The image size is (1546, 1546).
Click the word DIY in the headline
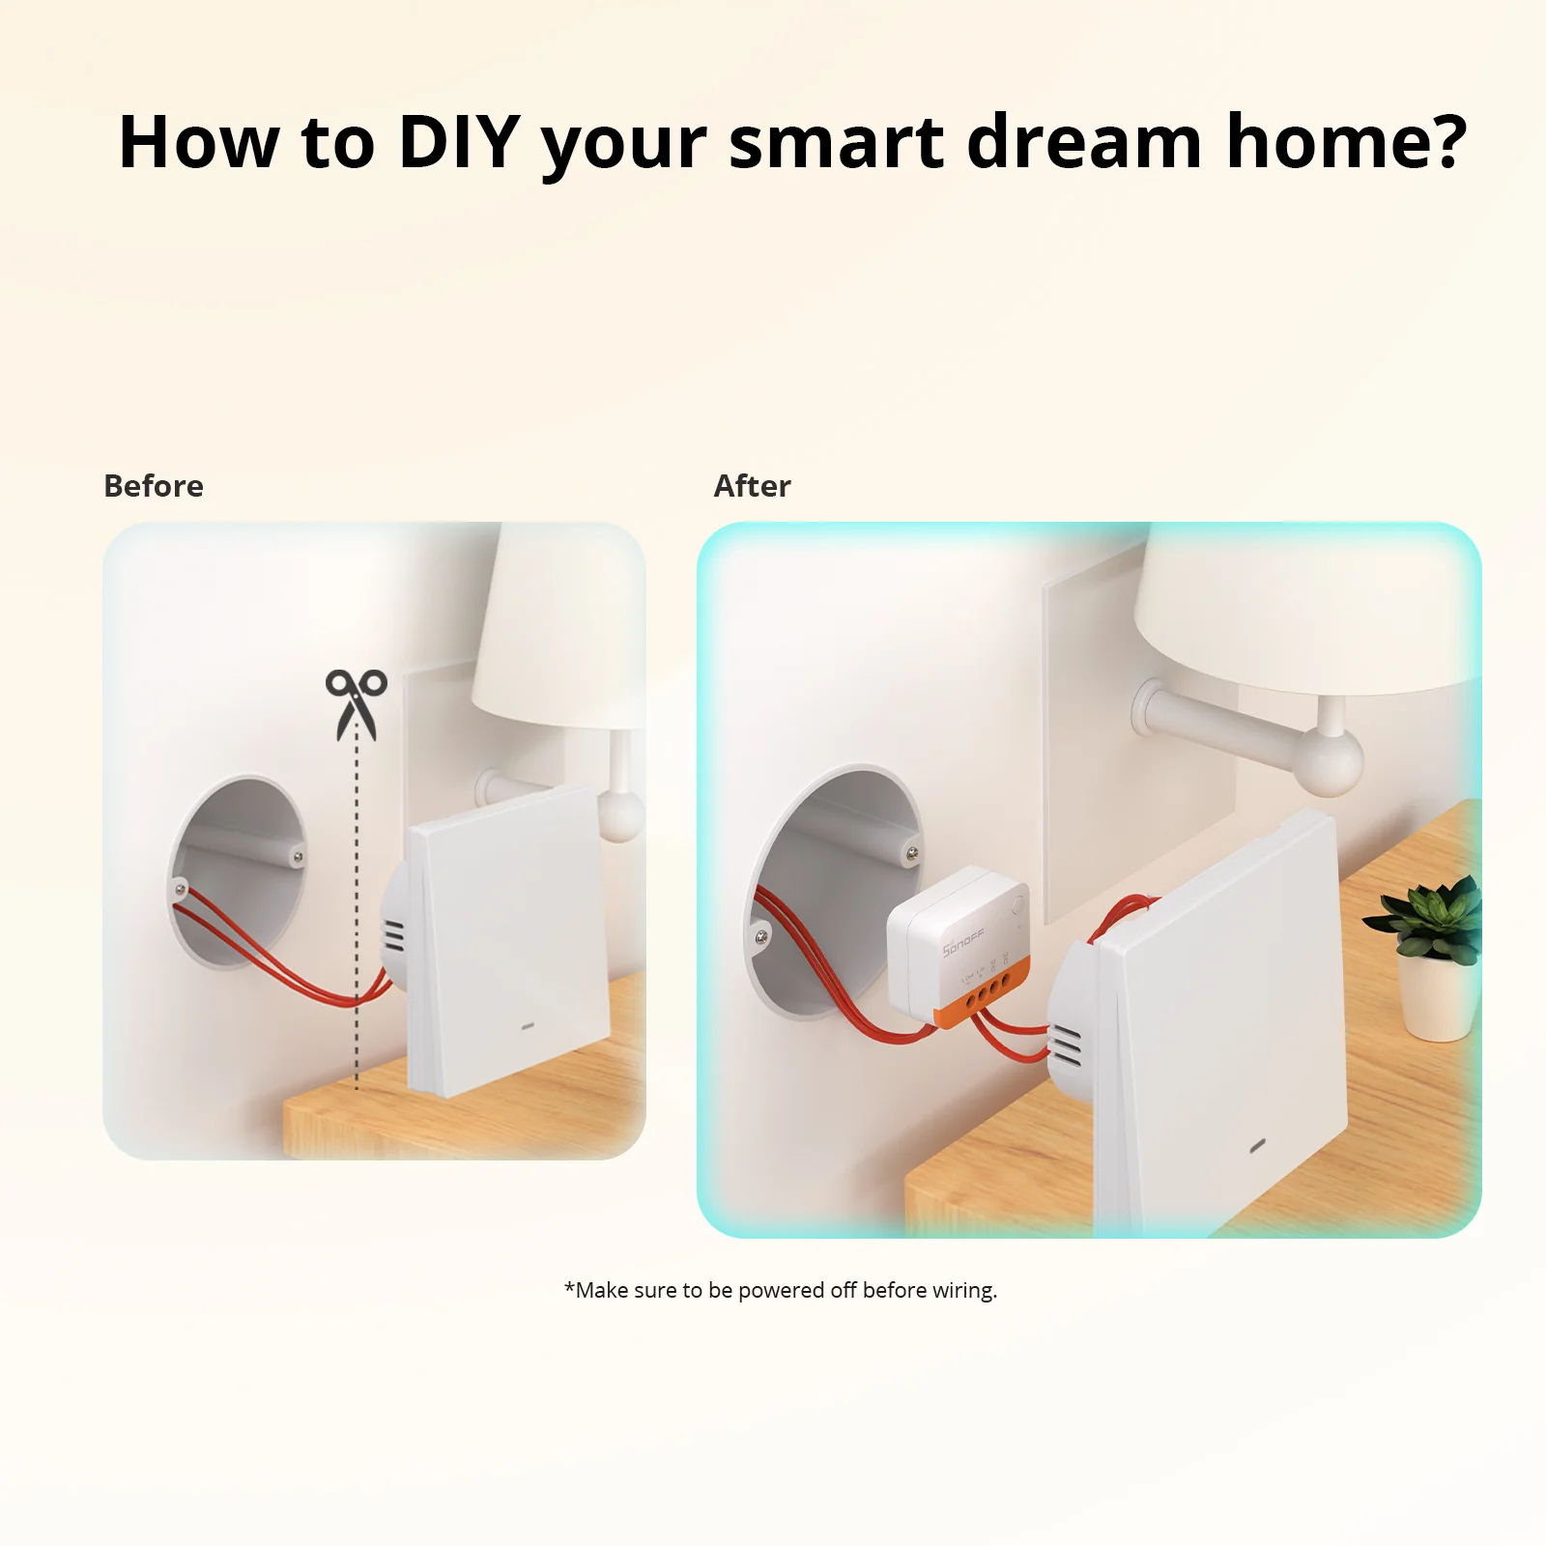point(459,143)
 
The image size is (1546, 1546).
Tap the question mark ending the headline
point(1446,143)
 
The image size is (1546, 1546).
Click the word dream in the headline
point(1084,143)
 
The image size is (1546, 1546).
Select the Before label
point(154,486)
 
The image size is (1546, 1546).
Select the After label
point(752,486)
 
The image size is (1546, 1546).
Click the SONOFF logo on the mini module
point(963,943)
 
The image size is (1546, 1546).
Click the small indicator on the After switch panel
point(1258,1148)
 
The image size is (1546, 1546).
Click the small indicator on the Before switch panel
point(529,1025)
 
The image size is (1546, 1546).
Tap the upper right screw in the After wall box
point(910,853)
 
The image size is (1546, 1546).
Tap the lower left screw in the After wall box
point(761,935)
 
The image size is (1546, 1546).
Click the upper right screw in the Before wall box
point(298,855)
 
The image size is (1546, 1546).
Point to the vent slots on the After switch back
point(1067,1045)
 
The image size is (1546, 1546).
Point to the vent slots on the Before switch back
point(394,935)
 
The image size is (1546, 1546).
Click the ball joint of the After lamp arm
point(1330,762)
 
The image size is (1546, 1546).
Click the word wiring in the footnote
point(963,1291)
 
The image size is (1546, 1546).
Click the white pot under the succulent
point(1438,1000)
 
